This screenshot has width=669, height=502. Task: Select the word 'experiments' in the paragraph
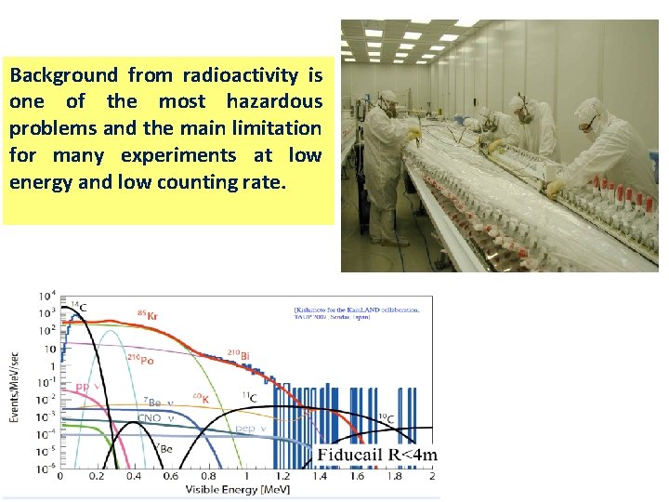click(x=193, y=154)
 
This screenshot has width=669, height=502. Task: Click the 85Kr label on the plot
click(x=146, y=316)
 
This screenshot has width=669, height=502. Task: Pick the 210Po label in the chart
click(x=141, y=359)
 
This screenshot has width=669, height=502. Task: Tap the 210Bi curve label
click(x=239, y=354)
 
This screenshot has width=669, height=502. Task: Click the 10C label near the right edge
click(x=385, y=419)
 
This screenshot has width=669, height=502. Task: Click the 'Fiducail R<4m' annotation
click(x=377, y=455)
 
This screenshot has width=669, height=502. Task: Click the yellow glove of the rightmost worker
click(x=556, y=188)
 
